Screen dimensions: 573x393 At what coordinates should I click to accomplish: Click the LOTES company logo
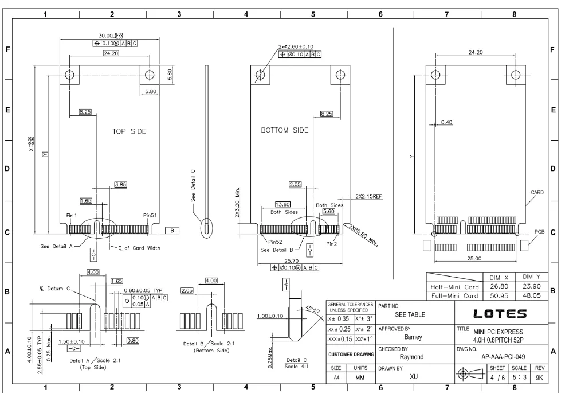tap(500, 314)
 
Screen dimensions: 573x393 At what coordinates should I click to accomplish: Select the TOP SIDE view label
tap(129, 131)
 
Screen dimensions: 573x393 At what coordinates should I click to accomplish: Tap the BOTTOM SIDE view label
tap(284, 130)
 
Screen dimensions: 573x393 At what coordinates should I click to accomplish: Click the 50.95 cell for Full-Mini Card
tap(499, 295)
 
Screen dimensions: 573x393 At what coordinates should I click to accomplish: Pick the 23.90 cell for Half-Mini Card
tap(531, 286)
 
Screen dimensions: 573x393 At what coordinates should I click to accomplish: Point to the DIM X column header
tap(499, 277)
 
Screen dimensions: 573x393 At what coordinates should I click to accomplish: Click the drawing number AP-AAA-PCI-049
tap(503, 357)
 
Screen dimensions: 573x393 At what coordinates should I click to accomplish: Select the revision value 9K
tap(539, 378)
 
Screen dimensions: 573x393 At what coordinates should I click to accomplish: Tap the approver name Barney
tap(413, 337)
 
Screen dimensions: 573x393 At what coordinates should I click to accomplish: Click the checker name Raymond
tap(411, 357)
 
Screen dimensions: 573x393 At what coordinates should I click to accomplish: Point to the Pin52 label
tap(275, 242)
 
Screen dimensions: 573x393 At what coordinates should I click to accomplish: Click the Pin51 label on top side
tap(150, 215)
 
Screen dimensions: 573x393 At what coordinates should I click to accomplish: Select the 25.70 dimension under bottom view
tap(291, 261)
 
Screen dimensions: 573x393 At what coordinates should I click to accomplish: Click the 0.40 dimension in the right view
tap(446, 122)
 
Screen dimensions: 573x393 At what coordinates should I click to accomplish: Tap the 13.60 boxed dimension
tap(282, 205)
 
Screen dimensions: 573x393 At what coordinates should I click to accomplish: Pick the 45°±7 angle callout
tap(313, 309)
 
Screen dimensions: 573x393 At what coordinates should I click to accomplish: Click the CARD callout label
tap(537, 192)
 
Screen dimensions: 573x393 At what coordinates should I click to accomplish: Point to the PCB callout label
tap(539, 232)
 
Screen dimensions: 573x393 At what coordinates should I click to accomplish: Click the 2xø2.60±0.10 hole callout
tap(296, 47)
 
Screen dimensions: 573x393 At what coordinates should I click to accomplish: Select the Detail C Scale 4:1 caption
tap(296, 363)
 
